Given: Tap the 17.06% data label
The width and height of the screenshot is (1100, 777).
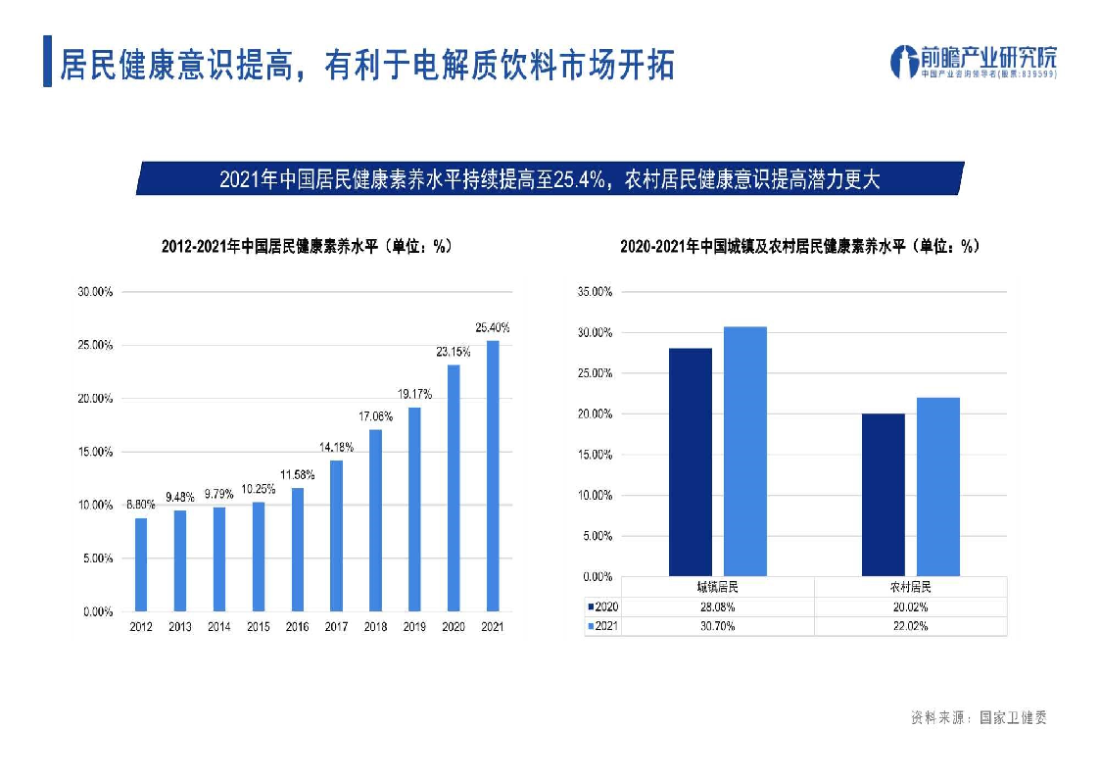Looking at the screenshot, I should point(375,416).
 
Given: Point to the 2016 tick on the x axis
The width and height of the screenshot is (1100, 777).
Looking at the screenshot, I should point(297,627).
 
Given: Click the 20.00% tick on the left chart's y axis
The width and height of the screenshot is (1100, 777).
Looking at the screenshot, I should point(95,399).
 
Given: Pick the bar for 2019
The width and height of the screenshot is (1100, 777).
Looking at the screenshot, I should point(414,510).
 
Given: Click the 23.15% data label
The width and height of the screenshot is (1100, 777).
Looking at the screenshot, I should point(454,352).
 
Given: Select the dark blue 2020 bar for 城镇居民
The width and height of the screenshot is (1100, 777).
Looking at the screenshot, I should point(691,461).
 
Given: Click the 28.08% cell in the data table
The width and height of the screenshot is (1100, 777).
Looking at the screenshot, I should point(716,607).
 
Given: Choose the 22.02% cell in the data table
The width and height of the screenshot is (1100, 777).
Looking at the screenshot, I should point(909,626).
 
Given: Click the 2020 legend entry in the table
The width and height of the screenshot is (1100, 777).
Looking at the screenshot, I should point(603,607).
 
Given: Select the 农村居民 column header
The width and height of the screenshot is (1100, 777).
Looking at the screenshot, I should point(909,588).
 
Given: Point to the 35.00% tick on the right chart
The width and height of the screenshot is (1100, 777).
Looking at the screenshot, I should point(595,292).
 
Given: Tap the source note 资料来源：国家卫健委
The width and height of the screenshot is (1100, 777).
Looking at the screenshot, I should point(979,718).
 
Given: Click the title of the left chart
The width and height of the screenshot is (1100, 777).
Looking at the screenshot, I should point(306,247).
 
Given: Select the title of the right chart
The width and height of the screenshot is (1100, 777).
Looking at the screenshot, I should point(799,247).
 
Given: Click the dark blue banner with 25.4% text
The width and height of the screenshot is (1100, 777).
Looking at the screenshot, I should point(550,179).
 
